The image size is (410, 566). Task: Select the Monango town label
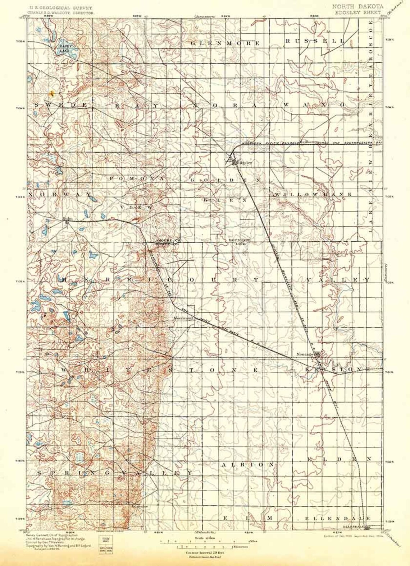[303, 354]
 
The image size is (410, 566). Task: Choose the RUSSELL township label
[314, 41]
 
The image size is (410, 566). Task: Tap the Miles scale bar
[204, 541]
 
